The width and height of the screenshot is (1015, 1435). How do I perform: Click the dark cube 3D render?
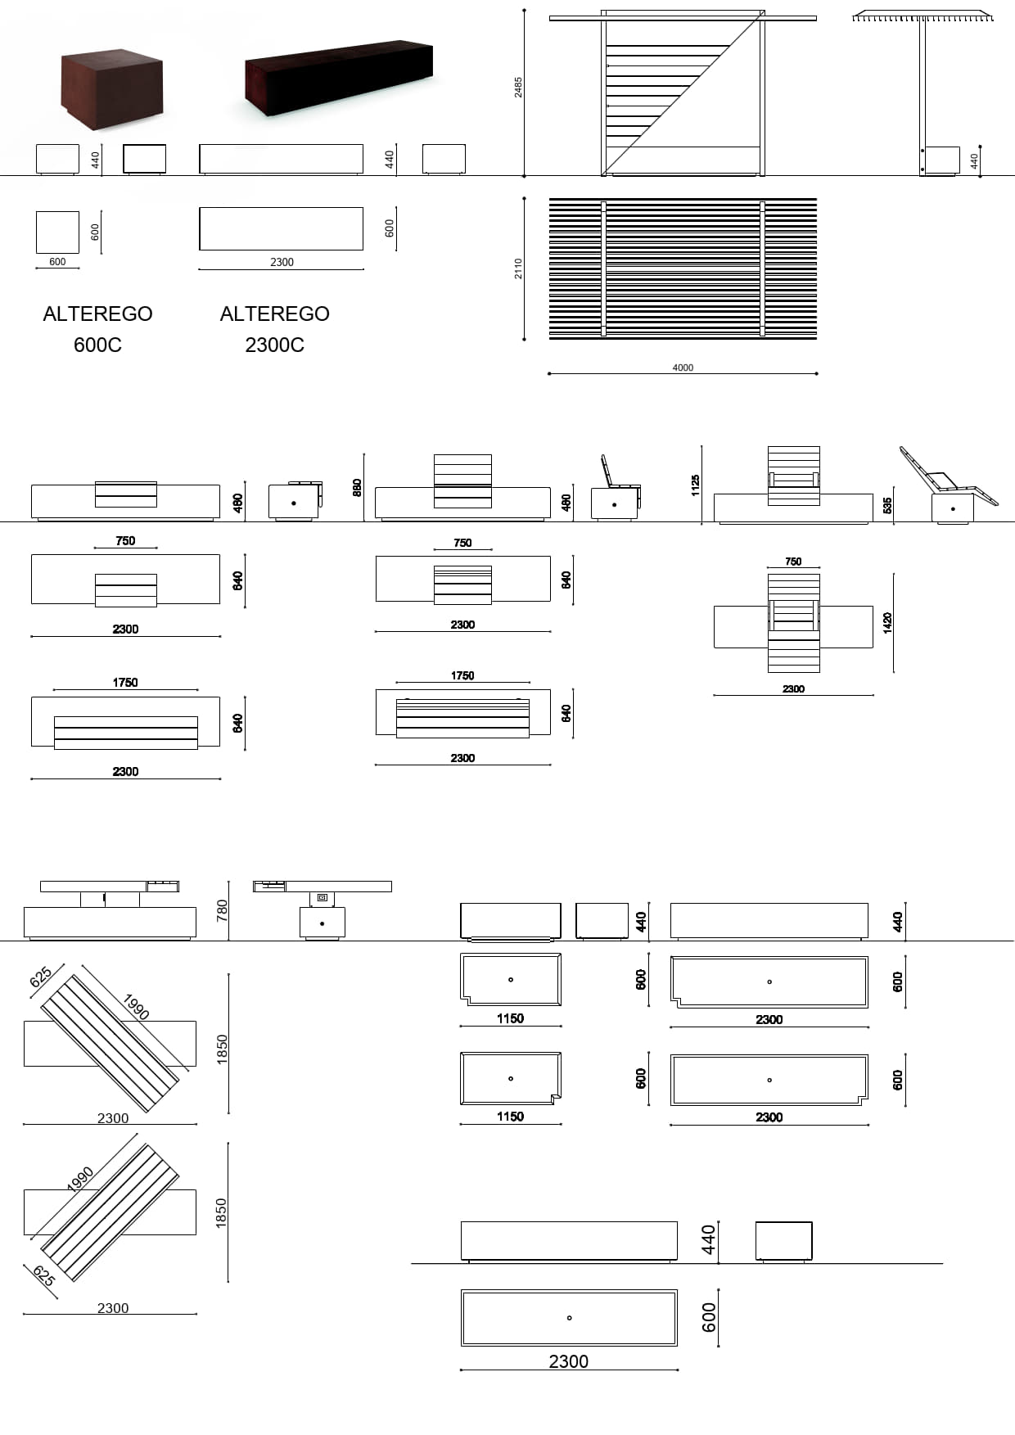click(x=112, y=88)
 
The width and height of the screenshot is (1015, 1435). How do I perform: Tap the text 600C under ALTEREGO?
click(x=97, y=345)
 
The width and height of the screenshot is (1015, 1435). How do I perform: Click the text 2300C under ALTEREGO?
click(x=274, y=345)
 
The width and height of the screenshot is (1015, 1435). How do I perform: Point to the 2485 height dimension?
click(x=518, y=88)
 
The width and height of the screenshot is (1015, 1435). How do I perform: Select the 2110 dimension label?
click(x=518, y=268)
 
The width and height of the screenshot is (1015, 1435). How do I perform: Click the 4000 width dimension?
click(x=683, y=368)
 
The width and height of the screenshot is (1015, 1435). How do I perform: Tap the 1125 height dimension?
click(x=696, y=485)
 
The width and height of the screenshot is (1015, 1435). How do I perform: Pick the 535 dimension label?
click(x=888, y=505)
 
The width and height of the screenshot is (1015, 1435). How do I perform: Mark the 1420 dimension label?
click(x=888, y=623)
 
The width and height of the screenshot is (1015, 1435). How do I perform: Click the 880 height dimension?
click(x=356, y=487)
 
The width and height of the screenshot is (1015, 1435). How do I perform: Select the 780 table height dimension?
click(x=222, y=910)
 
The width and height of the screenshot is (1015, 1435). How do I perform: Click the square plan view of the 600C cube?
click(x=57, y=232)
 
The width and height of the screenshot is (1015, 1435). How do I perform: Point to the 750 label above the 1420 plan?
click(x=793, y=562)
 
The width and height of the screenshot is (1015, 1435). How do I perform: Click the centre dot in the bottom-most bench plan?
click(x=569, y=1318)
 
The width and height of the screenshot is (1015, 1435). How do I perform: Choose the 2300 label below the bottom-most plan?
click(x=568, y=1361)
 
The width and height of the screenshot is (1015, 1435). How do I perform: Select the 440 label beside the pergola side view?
click(x=974, y=160)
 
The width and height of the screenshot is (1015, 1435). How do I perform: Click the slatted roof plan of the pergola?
click(x=683, y=268)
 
